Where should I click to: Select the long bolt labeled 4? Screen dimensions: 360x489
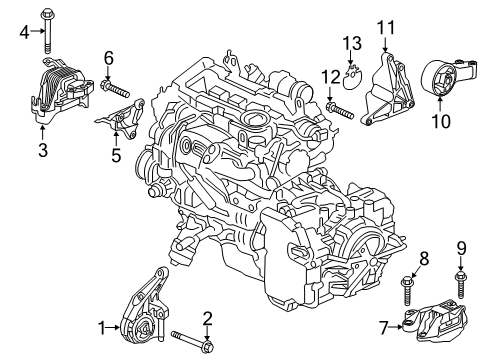(x=47, y=30)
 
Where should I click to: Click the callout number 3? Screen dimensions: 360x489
(x=42, y=150)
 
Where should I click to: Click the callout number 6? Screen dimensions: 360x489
(x=107, y=57)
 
